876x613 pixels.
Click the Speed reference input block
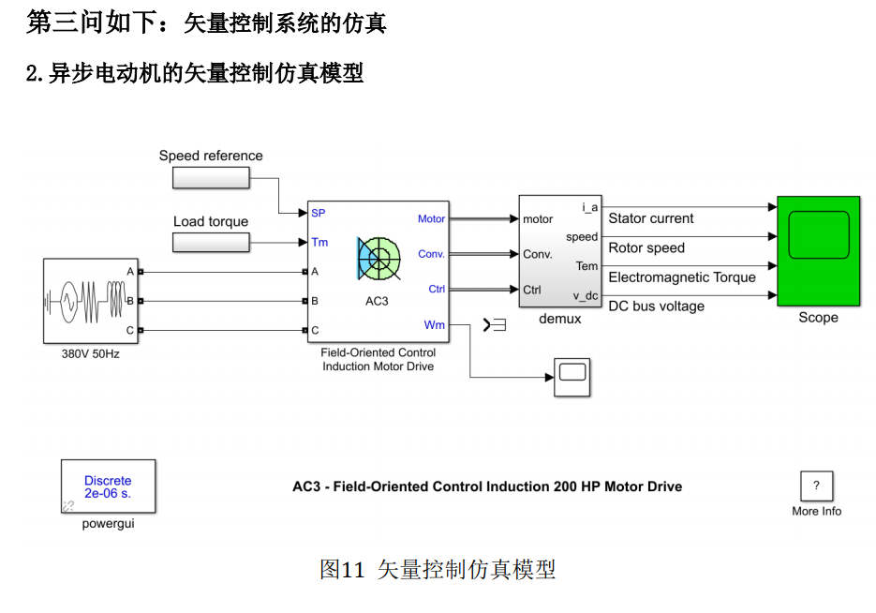(x=211, y=177)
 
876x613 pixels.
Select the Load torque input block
(x=211, y=243)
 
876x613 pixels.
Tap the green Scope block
(x=818, y=250)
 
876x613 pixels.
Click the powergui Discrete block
(x=108, y=486)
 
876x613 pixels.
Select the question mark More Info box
(x=816, y=486)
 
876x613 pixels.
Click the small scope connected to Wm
(x=571, y=377)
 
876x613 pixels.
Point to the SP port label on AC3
(x=319, y=213)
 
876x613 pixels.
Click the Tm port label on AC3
(x=319, y=243)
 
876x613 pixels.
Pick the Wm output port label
(x=435, y=325)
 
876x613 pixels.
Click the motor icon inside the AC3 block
(x=379, y=258)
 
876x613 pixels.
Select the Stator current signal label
(x=651, y=218)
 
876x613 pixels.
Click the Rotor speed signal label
(x=646, y=248)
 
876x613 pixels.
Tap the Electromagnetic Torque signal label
(x=682, y=277)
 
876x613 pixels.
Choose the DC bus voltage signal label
(x=657, y=306)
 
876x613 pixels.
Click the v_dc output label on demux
(x=586, y=295)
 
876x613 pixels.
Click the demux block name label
(x=560, y=319)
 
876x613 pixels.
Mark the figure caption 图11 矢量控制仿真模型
(x=438, y=569)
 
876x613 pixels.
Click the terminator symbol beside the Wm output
(x=494, y=325)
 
